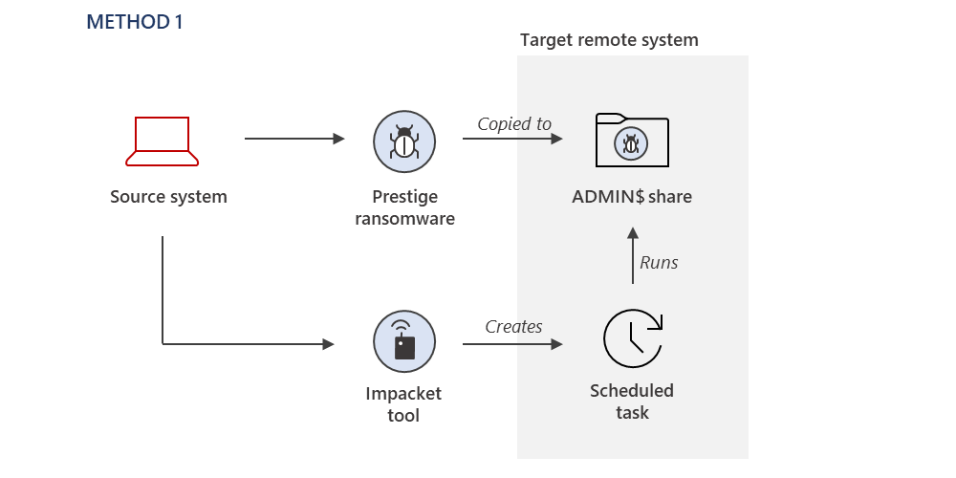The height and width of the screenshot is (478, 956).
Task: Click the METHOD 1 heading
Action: pos(134,22)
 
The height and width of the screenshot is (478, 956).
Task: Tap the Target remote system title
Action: pos(609,40)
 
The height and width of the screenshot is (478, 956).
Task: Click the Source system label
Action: pos(168,198)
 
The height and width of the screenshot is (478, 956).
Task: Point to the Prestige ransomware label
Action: pos(404,207)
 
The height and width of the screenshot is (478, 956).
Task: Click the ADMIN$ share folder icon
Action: pos(631,141)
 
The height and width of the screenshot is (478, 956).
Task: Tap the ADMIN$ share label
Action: pos(631,198)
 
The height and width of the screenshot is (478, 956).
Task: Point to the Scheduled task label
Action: pos(632,402)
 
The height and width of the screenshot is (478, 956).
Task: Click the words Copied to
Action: pos(514,123)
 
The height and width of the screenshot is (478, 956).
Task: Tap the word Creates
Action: pos(513,326)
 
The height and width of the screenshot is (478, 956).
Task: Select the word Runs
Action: pos(659,262)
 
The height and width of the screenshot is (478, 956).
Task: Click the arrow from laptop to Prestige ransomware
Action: pos(294,139)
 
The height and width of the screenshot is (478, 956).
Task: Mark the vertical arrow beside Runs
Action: pos(632,255)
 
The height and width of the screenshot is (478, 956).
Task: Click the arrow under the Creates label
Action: pos(513,342)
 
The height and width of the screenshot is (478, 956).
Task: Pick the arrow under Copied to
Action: pos(513,139)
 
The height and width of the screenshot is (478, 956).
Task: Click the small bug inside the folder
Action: pos(631,144)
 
